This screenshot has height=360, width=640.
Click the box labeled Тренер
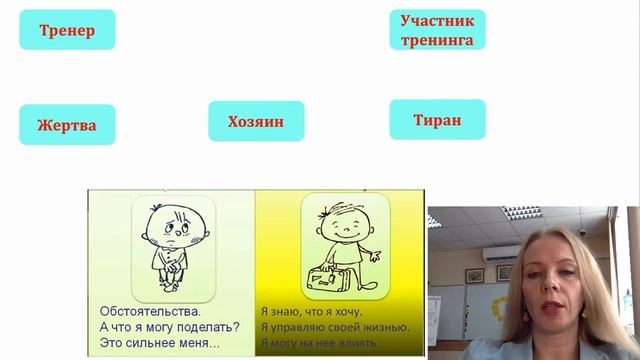click(67, 30)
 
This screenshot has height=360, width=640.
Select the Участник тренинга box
click(437, 31)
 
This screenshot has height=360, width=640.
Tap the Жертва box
click(67, 125)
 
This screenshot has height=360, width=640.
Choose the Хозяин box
click(255, 121)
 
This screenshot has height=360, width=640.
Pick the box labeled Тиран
click(437, 120)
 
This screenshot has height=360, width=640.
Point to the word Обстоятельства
click(146, 309)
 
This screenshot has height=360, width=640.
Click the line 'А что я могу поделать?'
click(166, 327)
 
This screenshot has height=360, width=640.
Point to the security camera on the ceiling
click(581, 232)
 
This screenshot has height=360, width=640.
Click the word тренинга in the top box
click(437, 41)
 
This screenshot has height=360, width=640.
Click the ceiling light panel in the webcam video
click(520, 211)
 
